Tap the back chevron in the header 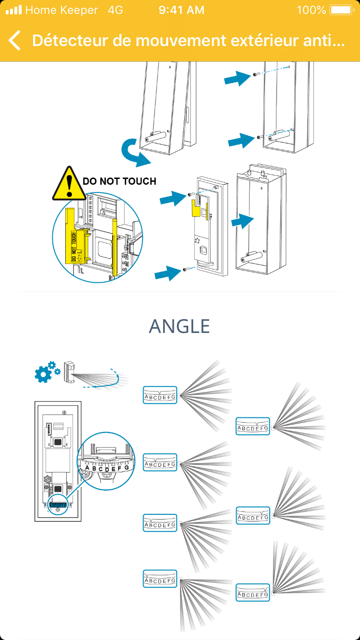[15, 41]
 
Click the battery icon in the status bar [341, 10]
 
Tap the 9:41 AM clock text [181, 10]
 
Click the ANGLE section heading [180, 326]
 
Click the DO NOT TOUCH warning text [120, 181]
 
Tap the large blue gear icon [44, 373]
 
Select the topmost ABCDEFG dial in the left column [160, 395]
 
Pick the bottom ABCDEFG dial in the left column [160, 579]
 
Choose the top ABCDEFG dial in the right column [253, 427]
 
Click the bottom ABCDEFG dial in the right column [253, 593]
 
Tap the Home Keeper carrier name [61, 10]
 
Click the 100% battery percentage [312, 10]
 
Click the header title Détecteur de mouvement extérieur [188, 41]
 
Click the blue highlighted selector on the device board [58, 505]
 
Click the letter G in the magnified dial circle [126, 467]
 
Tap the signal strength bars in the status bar [14, 10]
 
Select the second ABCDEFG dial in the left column [160, 462]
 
